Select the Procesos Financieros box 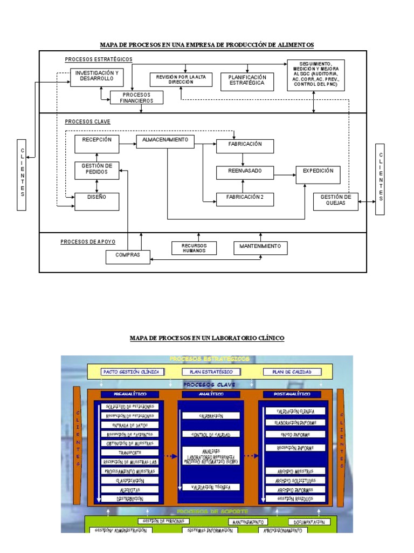click(x=136, y=97)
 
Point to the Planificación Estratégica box click(x=247, y=80)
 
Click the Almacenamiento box click(x=165, y=140)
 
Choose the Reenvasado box click(x=245, y=171)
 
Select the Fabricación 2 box click(x=245, y=198)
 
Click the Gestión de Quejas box click(x=335, y=201)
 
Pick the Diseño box click(x=96, y=199)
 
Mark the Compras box click(x=127, y=255)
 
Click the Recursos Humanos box click(x=194, y=248)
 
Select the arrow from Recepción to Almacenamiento click(x=127, y=144)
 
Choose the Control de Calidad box click(x=210, y=434)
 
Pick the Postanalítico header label click(x=292, y=394)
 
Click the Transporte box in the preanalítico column click(x=131, y=453)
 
